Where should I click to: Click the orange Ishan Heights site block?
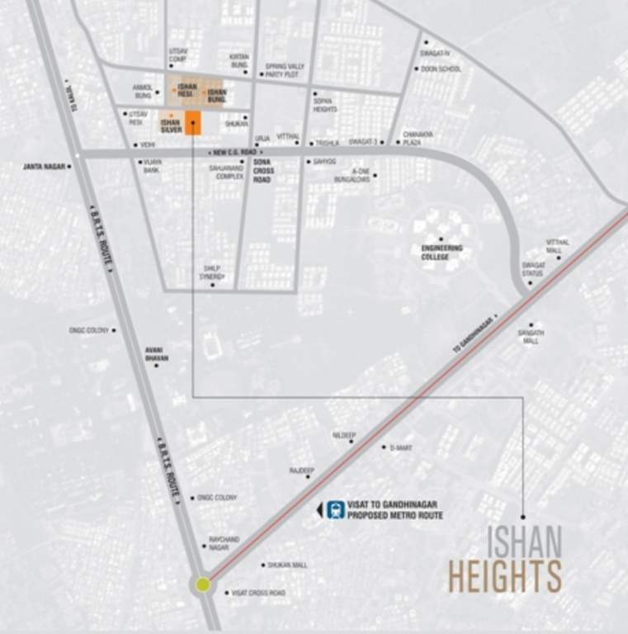click(x=193, y=122)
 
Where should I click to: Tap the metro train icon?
click(x=336, y=509)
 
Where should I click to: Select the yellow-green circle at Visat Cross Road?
click(x=203, y=584)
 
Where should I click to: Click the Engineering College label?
click(x=441, y=252)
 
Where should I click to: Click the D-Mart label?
click(x=401, y=447)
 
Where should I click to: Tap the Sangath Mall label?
click(x=531, y=335)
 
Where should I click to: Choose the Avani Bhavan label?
click(x=157, y=354)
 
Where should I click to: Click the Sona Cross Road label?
click(x=262, y=171)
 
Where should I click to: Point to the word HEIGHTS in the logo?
click(x=504, y=576)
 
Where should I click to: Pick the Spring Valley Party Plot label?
click(x=286, y=70)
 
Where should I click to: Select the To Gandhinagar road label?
click(x=475, y=335)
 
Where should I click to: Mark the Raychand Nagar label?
click(x=224, y=542)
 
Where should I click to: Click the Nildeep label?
click(x=343, y=433)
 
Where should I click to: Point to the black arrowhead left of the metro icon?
click(x=320, y=510)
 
